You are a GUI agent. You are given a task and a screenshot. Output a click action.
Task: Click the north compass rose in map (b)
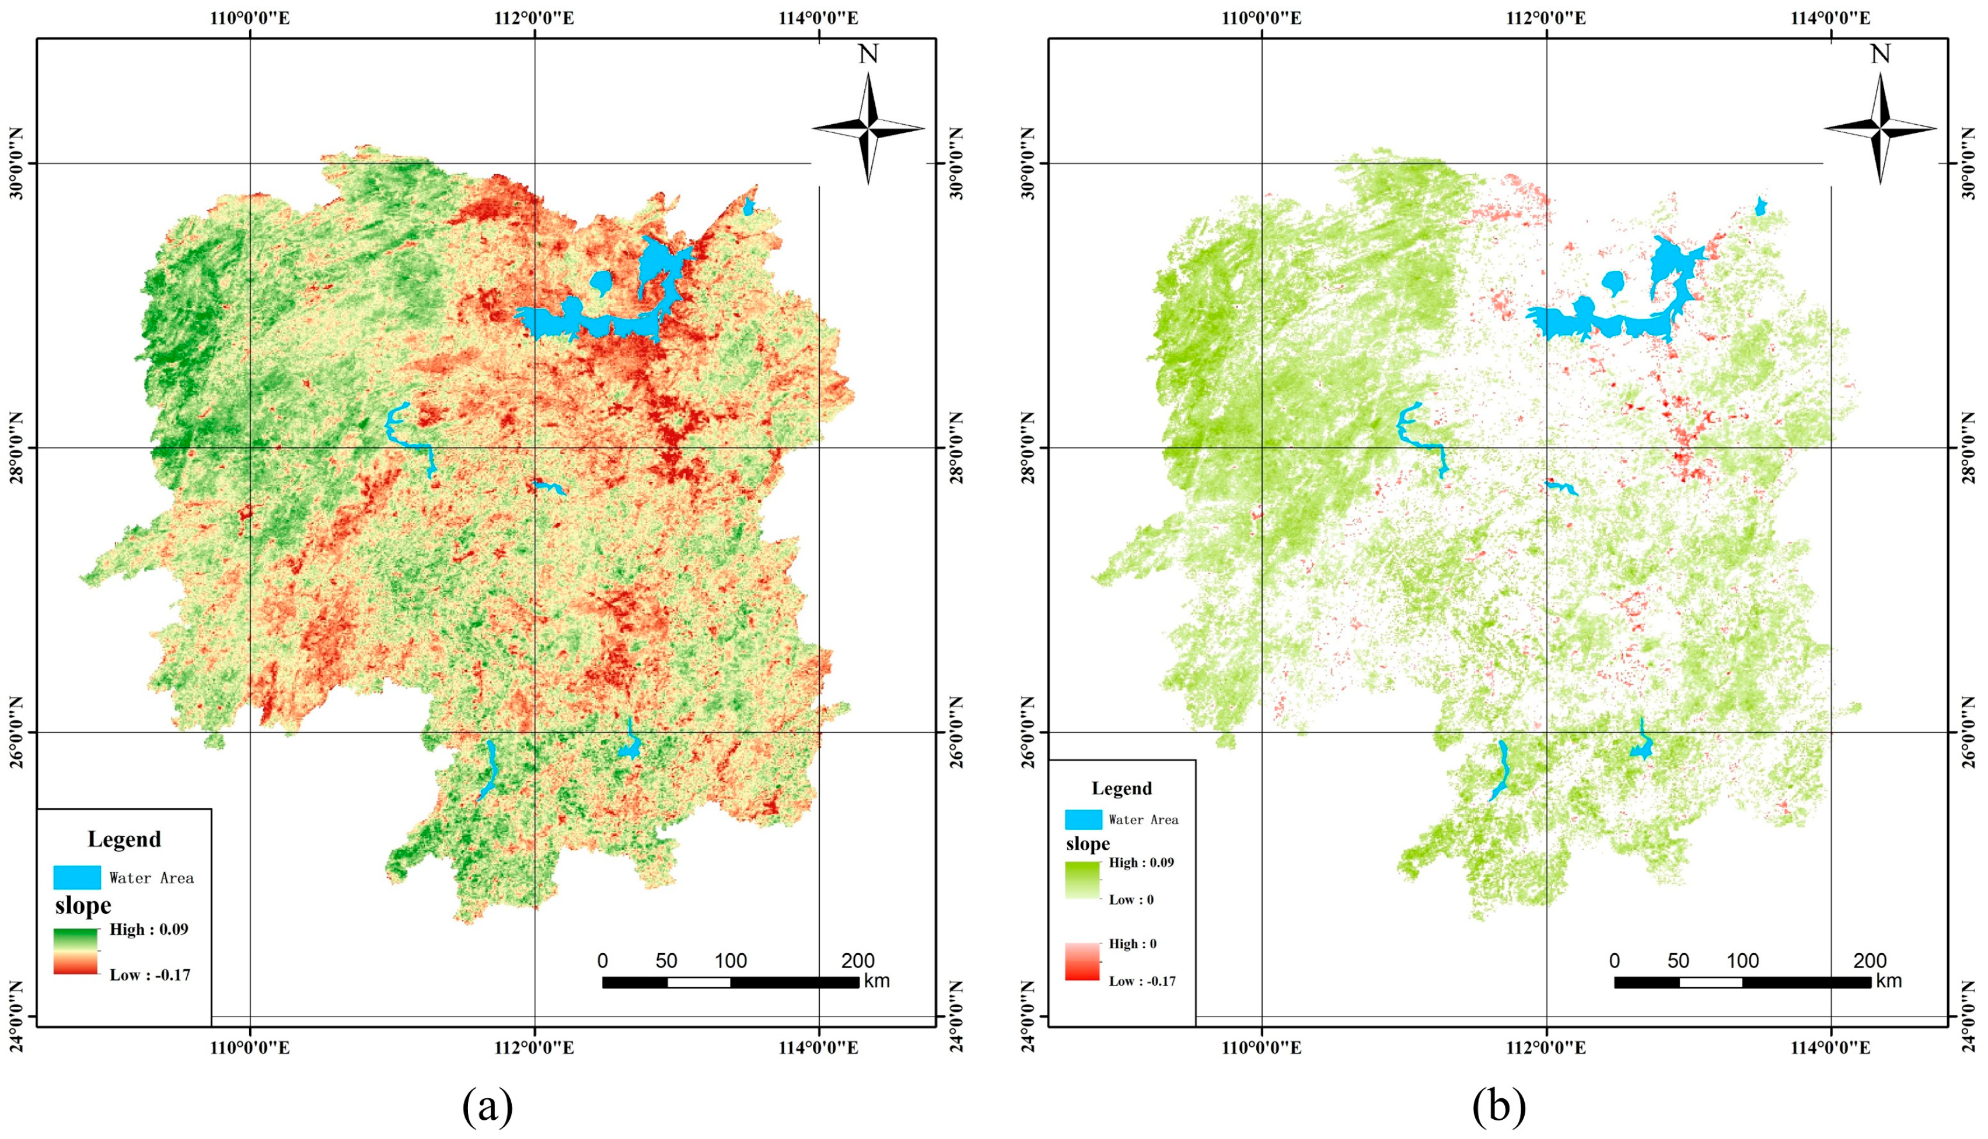pyautogui.click(x=1879, y=128)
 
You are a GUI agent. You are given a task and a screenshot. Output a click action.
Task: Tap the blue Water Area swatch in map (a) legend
pyautogui.click(x=76, y=877)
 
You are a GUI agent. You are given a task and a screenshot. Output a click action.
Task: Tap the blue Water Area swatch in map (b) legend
pyautogui.click(x=1083, y=819)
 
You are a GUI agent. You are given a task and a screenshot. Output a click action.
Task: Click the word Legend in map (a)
pyautogui.click(x=124, y=839)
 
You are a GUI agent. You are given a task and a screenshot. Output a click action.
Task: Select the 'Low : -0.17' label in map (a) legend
pyautogui.click(x=149, y=975)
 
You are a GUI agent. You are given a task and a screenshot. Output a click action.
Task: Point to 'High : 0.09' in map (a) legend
pyautogui.click(x=149, y=930)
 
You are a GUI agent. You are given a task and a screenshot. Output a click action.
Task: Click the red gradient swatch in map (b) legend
pyautogui.click(x=1082, y=962)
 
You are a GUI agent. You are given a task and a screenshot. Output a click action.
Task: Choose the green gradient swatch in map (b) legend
pyautogui.click(x=1082, y=880)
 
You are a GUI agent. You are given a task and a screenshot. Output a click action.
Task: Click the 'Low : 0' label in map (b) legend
pyautogui.click(x=1131, y=900)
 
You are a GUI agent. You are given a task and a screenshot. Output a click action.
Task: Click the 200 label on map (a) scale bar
pyautogui.click(x=858, y=961)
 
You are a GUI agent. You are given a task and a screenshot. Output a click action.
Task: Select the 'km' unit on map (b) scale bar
pyautogui.click(x=1889, y=981)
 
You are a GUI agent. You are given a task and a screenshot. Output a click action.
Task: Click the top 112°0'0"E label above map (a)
pyautogui.click(x=534, y=18)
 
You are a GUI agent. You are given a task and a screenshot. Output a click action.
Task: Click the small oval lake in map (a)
pyautogui.click(x=600, y=283)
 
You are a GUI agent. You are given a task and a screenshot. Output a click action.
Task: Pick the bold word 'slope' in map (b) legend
pyautogui.click(x=1088, y=844)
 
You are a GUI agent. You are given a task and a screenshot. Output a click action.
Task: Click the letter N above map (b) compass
pyautogui.click(x=1880, y=54)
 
